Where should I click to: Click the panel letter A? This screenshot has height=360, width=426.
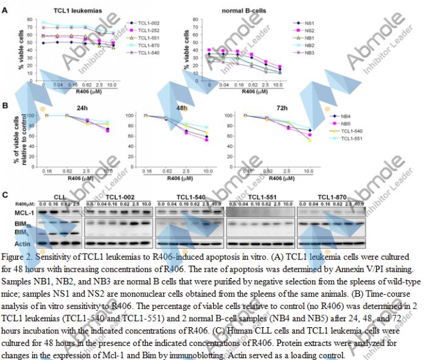tap(5, 10)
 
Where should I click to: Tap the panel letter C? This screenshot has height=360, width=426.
tap(5, 195)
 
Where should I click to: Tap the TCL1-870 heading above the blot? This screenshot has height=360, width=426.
tap(332, 197)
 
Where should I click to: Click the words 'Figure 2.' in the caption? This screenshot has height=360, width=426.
tap(19, 258)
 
